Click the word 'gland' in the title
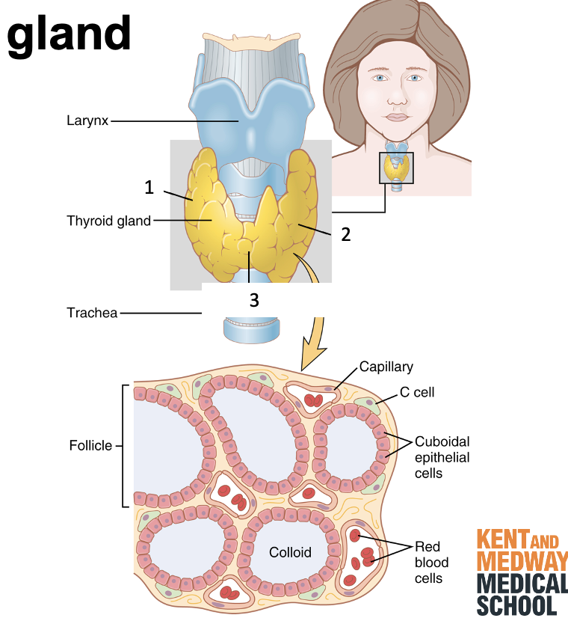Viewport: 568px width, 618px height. [69, 33]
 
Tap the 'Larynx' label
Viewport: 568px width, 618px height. [87, 120]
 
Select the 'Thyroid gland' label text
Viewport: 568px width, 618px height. [108, 221]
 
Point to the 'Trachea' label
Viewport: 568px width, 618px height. [92, 313]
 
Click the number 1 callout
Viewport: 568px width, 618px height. [149, 187]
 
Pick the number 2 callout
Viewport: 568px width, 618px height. [345, 234]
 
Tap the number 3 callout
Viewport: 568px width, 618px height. [254, 300]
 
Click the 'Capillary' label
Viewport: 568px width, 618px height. [386, 367]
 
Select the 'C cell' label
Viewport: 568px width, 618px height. [419, 392]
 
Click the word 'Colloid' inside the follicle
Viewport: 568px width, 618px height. [290, 552]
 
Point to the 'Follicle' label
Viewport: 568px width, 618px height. [90, 445]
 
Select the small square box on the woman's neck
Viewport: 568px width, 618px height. [396, 168]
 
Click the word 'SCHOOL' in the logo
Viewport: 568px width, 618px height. [517, 605]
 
